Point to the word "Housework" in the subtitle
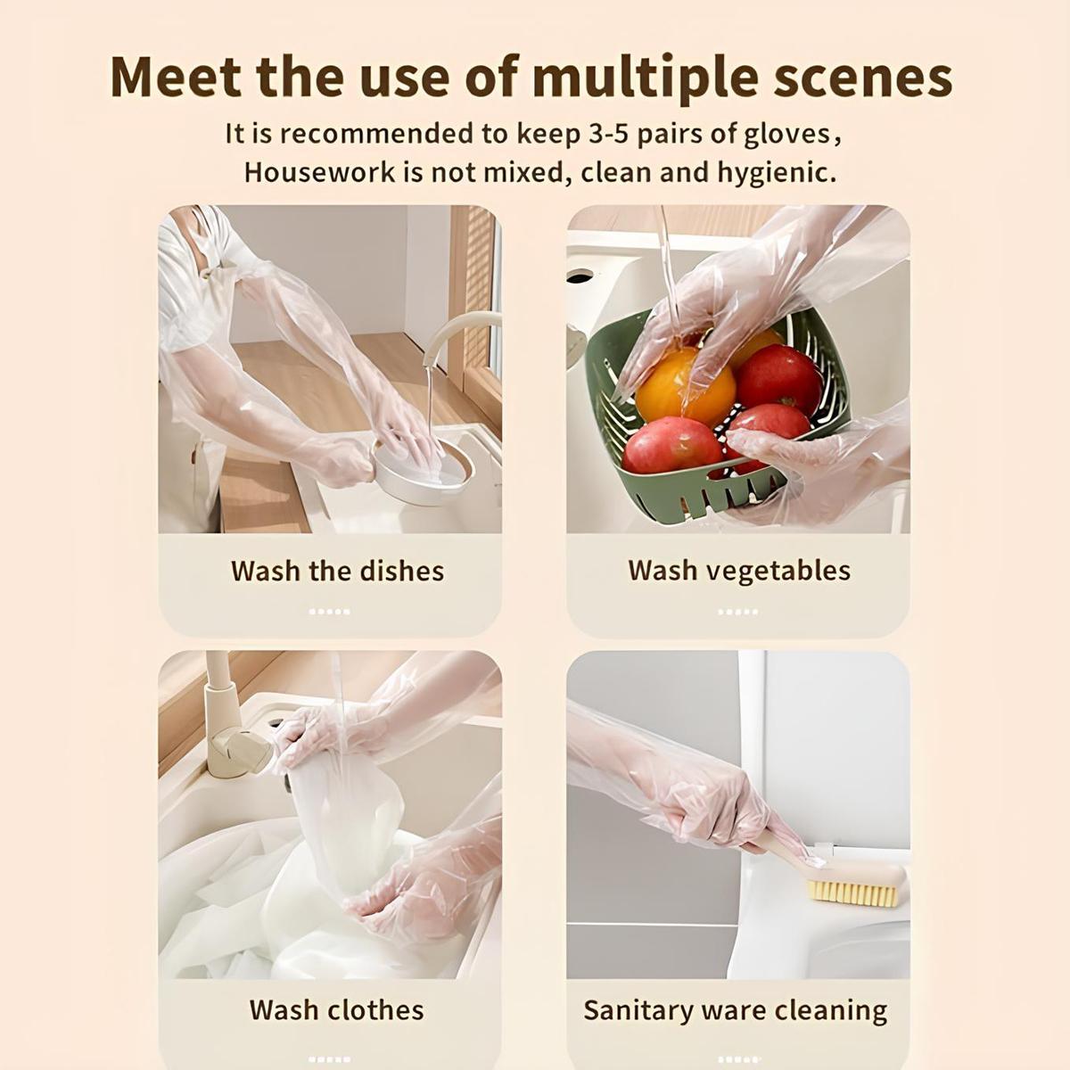tap(319, 172)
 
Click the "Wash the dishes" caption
tap(337, 571)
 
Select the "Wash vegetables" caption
tap(739, 571)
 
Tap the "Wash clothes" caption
tap(337, 1009)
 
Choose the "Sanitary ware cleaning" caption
tap(736, 1010)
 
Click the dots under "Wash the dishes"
tap(329, 612)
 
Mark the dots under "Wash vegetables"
tap(737, 612)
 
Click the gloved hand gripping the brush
tap(704, 802)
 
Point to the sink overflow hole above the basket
tap(580, 276)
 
